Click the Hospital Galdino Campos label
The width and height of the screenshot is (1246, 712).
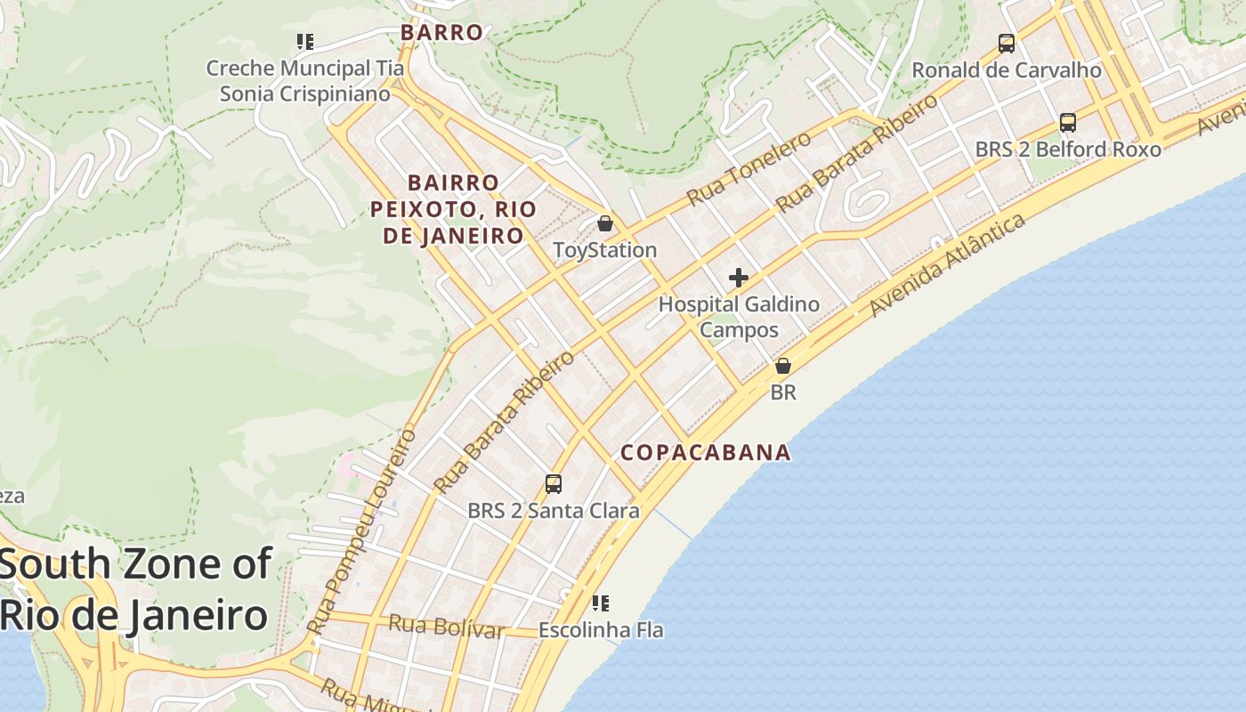(739, 317)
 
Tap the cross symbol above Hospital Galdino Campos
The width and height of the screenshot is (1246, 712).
(739, 278)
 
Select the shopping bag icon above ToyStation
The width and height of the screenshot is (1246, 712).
(605, 223)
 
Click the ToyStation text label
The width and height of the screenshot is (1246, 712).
(605, 250)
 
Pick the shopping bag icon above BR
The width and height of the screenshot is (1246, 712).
(783, 366)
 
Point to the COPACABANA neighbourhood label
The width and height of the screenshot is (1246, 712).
(706, 452)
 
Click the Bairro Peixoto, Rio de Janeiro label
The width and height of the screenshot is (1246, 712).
(454, 209)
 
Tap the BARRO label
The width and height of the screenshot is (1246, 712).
(441, 33)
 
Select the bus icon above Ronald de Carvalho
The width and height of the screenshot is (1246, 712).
(1007, 43)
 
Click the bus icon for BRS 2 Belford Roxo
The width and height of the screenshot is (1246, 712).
(1068, 123)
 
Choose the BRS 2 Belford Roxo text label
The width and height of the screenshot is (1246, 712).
(1068, 149)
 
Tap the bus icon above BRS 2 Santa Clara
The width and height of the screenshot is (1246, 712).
(554, 484)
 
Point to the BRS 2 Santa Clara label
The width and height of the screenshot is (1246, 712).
(554, 511)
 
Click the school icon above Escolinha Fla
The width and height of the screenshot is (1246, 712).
(601, 603)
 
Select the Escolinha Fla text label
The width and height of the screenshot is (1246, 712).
(601, 630)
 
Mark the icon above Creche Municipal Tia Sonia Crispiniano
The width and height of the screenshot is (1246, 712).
(305, 42)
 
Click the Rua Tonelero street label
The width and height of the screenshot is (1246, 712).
(748, 168)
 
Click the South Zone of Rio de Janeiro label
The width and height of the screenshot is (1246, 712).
(135, 589)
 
